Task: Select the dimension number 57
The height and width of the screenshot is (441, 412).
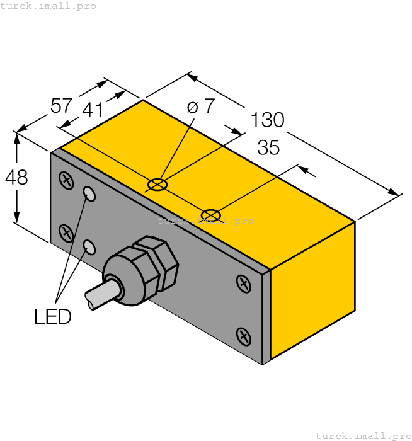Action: (61, 106)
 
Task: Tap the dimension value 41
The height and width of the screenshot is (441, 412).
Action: (92, 110)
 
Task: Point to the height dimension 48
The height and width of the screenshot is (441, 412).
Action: (16, 178)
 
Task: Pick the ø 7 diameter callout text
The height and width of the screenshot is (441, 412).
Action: (201, 106)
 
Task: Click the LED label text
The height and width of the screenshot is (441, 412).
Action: (53, 317)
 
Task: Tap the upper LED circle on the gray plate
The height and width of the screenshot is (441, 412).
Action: (90, 195)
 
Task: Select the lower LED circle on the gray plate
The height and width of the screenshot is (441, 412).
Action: (90, 247)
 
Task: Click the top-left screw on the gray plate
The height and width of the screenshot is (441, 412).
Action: (66, 181)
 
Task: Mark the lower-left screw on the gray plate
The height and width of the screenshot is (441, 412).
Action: (66, 232)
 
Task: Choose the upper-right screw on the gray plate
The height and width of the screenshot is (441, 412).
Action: (243, 283)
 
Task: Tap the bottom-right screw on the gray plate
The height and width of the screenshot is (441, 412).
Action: (243, 335)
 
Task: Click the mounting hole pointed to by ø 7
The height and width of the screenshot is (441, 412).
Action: (157, 185)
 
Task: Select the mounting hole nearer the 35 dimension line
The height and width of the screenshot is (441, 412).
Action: (210, 215)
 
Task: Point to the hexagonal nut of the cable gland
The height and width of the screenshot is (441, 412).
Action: (156, 263)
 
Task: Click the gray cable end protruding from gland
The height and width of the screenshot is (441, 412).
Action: (98, 297)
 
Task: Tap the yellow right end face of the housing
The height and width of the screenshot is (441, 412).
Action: (312, 290)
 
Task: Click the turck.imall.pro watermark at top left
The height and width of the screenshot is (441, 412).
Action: (49, 6)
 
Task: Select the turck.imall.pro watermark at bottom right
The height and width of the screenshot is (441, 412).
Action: (362, 435)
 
